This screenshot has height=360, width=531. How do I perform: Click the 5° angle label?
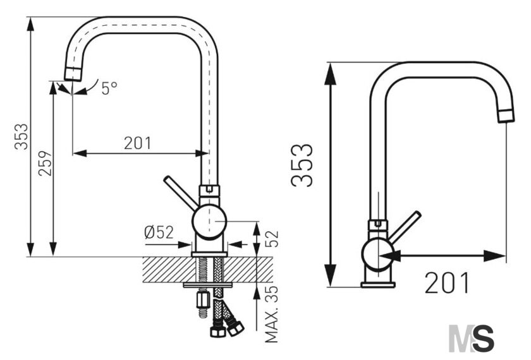109,88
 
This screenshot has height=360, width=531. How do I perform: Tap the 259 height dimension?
45,164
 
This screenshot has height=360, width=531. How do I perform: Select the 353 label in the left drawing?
21,136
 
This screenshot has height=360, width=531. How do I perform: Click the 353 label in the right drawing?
302,165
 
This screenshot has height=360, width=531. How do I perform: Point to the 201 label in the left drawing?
138,143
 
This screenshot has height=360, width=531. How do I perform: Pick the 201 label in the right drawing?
447,283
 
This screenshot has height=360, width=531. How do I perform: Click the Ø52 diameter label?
159,232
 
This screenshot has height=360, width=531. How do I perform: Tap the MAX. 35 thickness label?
271,314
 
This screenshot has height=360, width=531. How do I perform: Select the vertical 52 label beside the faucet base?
271,239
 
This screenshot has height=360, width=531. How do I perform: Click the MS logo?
471,339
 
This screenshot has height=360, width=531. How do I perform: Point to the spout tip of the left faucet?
73,74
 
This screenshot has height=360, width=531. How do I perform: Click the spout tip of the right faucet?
506,116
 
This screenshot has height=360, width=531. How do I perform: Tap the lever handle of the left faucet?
181,193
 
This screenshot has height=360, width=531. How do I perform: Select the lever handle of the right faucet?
405,226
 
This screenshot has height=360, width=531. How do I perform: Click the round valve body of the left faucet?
209,222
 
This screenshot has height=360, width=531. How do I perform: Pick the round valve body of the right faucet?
378,254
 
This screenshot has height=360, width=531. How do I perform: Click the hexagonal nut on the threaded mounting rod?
203,300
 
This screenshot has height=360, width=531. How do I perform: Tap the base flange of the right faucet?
378,285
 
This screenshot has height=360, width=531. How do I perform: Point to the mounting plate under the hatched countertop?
207,285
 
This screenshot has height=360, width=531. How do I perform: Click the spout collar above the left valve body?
209,191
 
